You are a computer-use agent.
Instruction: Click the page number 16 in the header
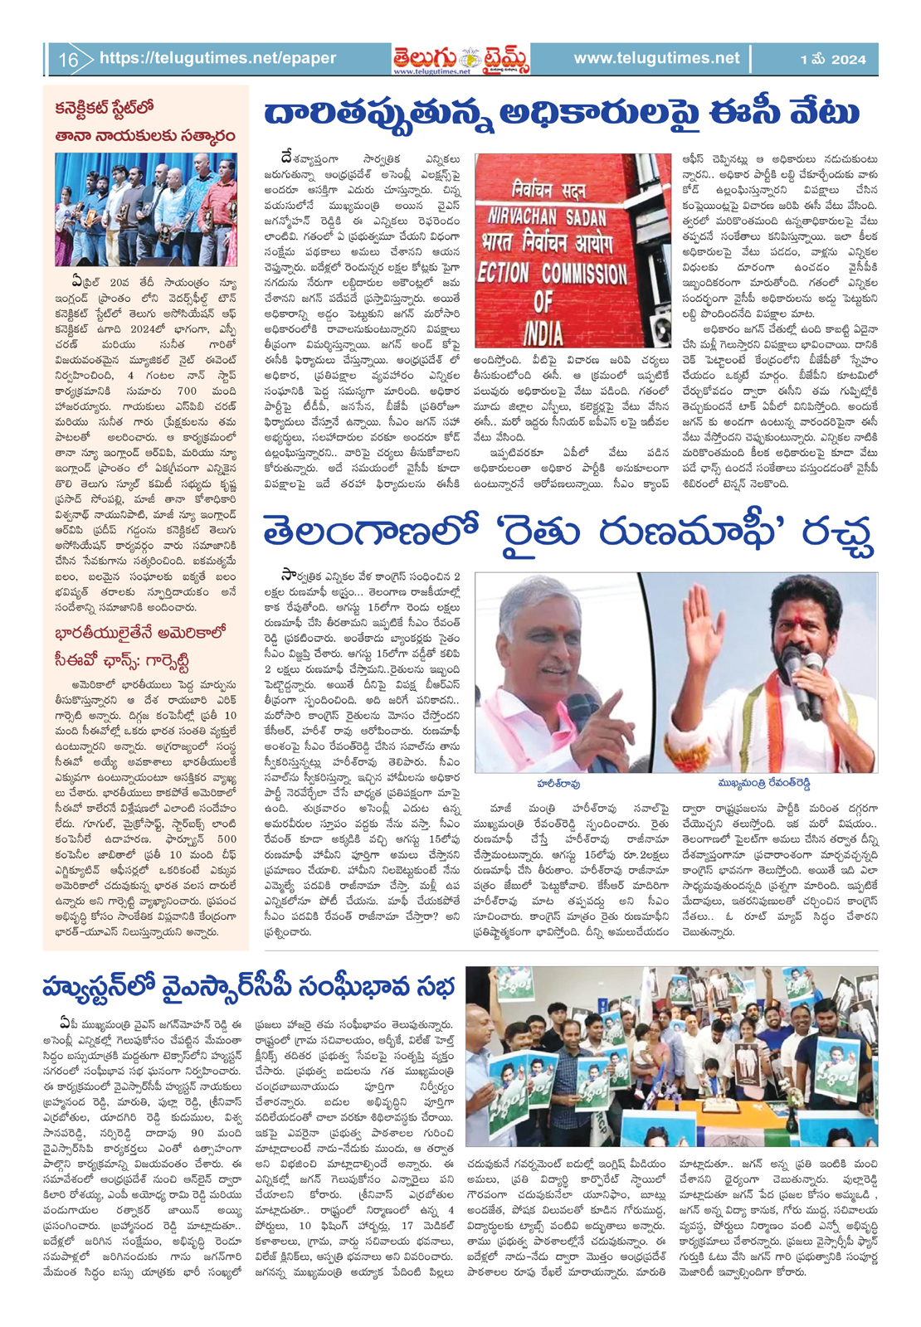pyautogui.click(x=68, y=60)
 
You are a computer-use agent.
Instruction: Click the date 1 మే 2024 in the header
pyautogui.click(x=832, y=60)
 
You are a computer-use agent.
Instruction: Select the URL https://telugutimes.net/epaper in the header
pyautogui.click(x=217, y=59)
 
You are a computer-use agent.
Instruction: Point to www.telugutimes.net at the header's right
pyautogui.click(x=656, y=59)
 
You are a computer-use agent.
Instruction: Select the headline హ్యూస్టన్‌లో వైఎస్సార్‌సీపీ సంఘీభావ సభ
pyautogui.click(x=249, y=988)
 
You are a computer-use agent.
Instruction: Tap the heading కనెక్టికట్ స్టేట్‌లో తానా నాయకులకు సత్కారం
pyautogui.click(x=145, y=122)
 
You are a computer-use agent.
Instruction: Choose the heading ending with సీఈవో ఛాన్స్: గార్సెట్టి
pyautogui.click(x=141, y=648)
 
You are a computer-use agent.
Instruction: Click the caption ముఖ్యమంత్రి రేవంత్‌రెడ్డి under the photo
pyautogui.click(x=763, y=783)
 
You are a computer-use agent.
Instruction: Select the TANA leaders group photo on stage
pyautogui.click(x=146, y=209)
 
